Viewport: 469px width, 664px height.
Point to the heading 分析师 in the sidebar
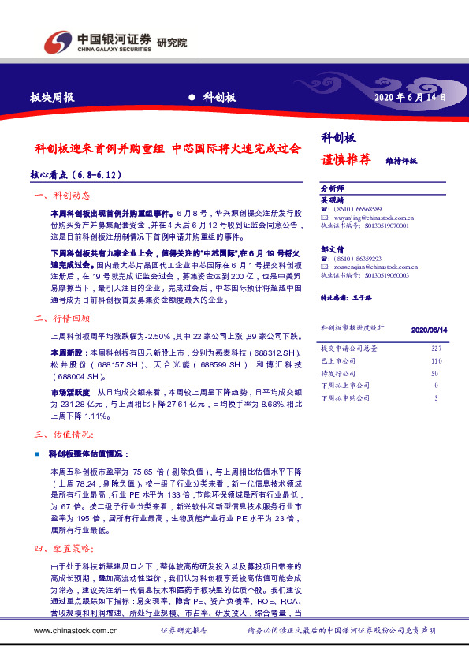(333, 188)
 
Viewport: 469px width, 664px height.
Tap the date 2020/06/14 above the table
(430, 330)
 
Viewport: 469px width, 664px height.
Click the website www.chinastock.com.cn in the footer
(76, 631)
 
